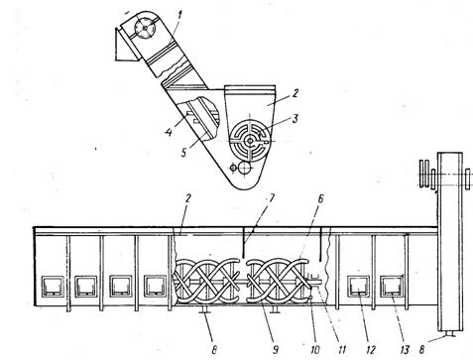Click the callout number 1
point(179,15)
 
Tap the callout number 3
point(296,118)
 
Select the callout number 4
point(169,133)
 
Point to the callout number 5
point(184,153)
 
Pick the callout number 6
point(320,199)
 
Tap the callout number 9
point(275,350)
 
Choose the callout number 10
point(315,350)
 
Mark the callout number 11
point(342,350)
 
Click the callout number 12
point(371,350)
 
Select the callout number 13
point(405,350)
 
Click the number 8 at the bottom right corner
point(421,350)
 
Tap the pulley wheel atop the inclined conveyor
point(145,28)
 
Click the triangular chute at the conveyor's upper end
point(124,45)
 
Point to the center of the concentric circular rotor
point(250,141)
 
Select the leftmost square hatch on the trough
point(53,287)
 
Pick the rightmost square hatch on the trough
point(393,287)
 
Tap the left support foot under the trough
point(205,309)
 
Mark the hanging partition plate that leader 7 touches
point(243,242)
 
